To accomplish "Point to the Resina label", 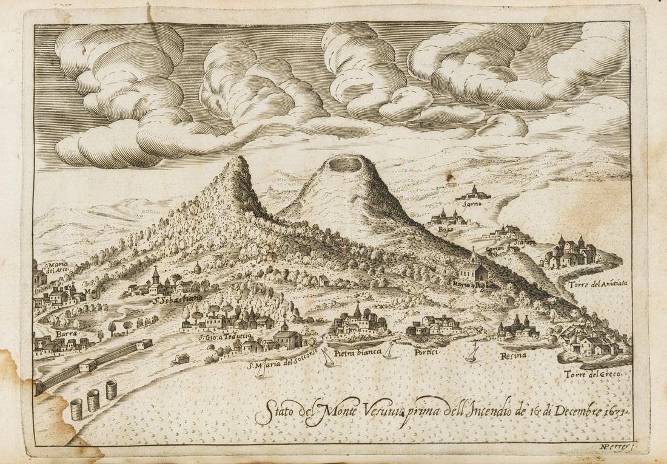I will [x=513, y=355].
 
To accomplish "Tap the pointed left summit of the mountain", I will [x=239, y=159].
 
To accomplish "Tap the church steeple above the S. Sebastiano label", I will [x=156, y=275].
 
